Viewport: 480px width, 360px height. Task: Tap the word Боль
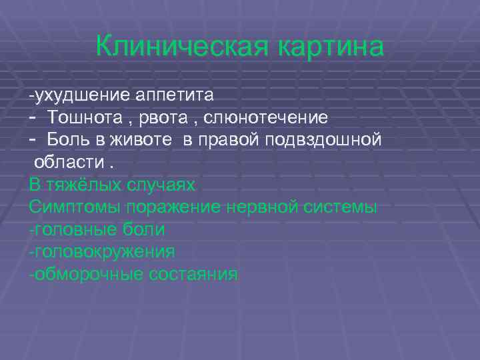tap(66, 140)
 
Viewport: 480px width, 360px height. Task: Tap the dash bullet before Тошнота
tap(33, 117)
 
